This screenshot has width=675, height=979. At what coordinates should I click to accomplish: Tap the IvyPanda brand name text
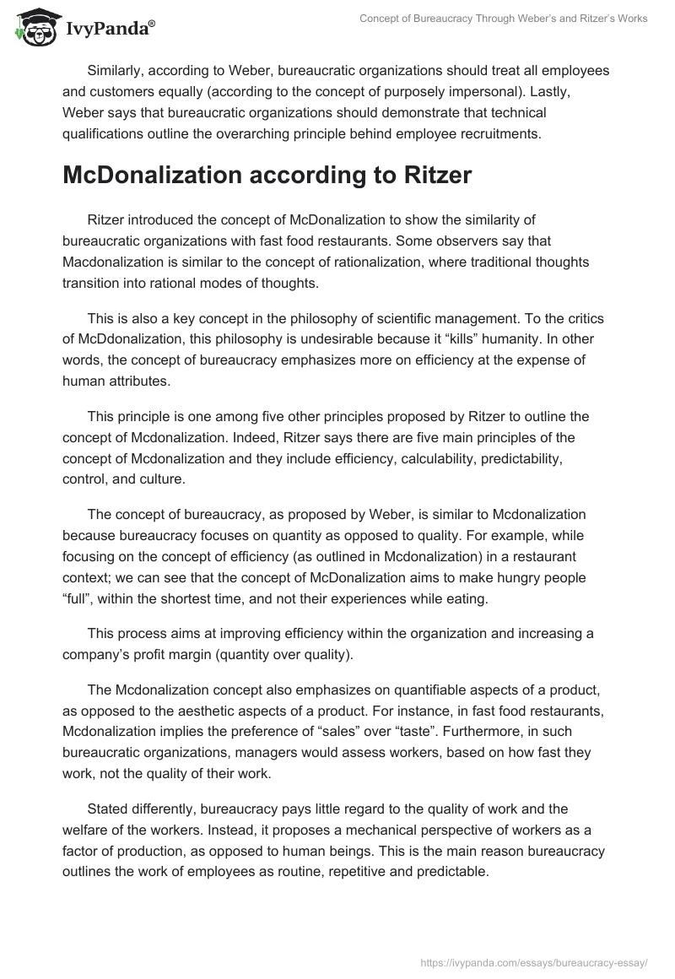point(107,30)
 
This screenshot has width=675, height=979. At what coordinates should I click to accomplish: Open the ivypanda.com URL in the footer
point(533,961)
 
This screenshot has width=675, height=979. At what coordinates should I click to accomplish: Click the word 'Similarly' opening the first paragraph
point(117,70)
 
